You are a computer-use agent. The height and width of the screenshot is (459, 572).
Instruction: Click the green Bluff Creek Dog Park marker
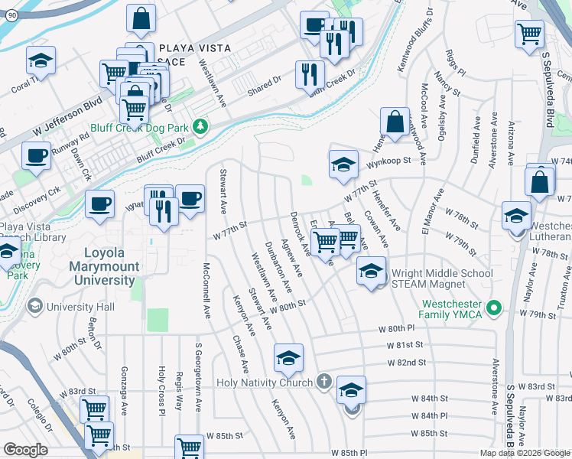[x=200, y=125]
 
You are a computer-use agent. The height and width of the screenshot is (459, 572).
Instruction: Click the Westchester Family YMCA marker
[x=494, y=308]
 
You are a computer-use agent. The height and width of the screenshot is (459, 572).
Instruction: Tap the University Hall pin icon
[x=34, y=307]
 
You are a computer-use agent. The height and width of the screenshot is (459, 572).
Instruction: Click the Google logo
[x=26, y=450]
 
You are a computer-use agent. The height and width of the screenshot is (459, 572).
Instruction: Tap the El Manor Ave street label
[x=427, y=223]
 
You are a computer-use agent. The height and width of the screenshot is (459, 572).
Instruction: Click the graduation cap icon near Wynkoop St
[x=344, y=163]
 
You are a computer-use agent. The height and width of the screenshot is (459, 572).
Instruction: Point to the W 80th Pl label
[x=395, y=329]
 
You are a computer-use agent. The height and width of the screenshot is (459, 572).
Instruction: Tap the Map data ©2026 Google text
[x=524, y=453]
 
